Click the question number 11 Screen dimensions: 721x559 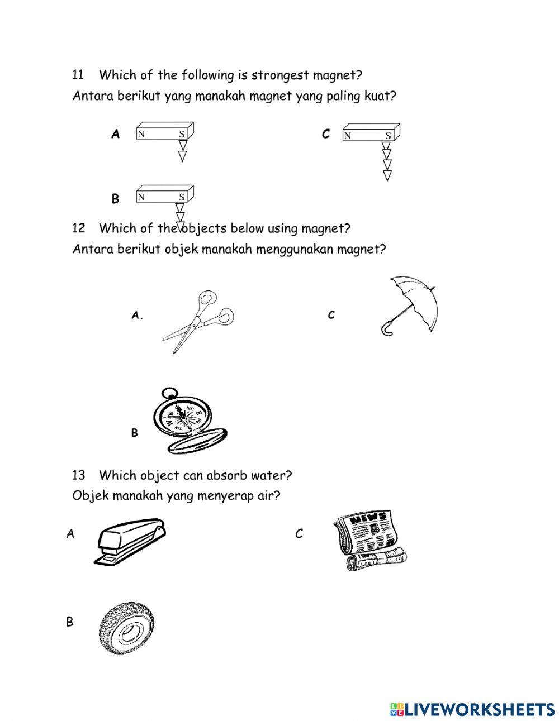(x=78, y=75)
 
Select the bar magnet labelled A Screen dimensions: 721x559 (x=164, y=132)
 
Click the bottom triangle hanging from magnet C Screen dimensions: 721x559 (x=387, y=176)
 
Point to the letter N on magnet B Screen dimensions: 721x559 (x=141, y=197)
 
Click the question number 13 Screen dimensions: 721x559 (x=78, y=475)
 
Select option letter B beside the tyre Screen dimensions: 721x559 (x=69, y=622)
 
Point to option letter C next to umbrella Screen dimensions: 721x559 (x=331, y=315)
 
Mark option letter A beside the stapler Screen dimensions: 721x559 (x=70, y=534)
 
